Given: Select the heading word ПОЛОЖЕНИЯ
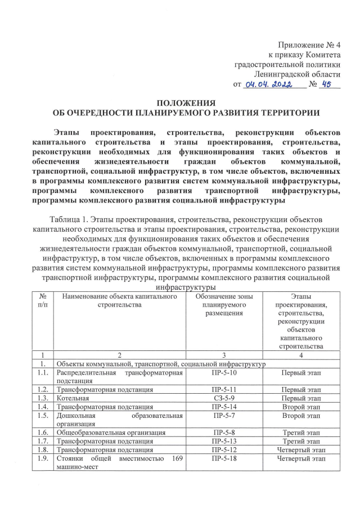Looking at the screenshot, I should (x=186, y=102).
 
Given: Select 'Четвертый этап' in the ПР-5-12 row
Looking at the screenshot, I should (x=301, y=450).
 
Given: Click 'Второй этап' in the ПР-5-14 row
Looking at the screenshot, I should (x=301, y=406).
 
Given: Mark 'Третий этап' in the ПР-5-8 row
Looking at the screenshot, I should (x=301, y=433).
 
